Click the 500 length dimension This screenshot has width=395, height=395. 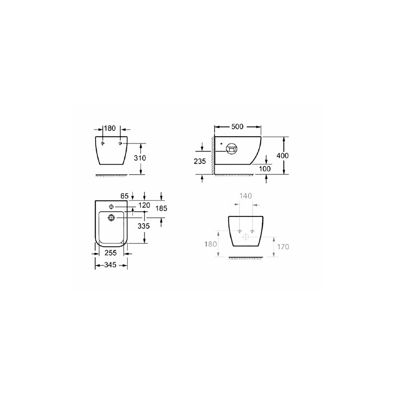click(237, 126)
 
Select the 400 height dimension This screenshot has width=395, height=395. click(283, 156)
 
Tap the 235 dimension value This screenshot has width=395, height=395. click(200, 161)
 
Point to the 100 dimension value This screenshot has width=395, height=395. click(265, 169)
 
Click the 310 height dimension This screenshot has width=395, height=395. click(139, 158)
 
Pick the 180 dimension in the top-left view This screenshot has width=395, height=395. click(110, 128)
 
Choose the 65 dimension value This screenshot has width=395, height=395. click(124, 196)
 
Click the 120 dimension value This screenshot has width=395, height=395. click(144, 205)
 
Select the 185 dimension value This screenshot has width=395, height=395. click(162, 208)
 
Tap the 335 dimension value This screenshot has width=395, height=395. click(144, 226)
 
